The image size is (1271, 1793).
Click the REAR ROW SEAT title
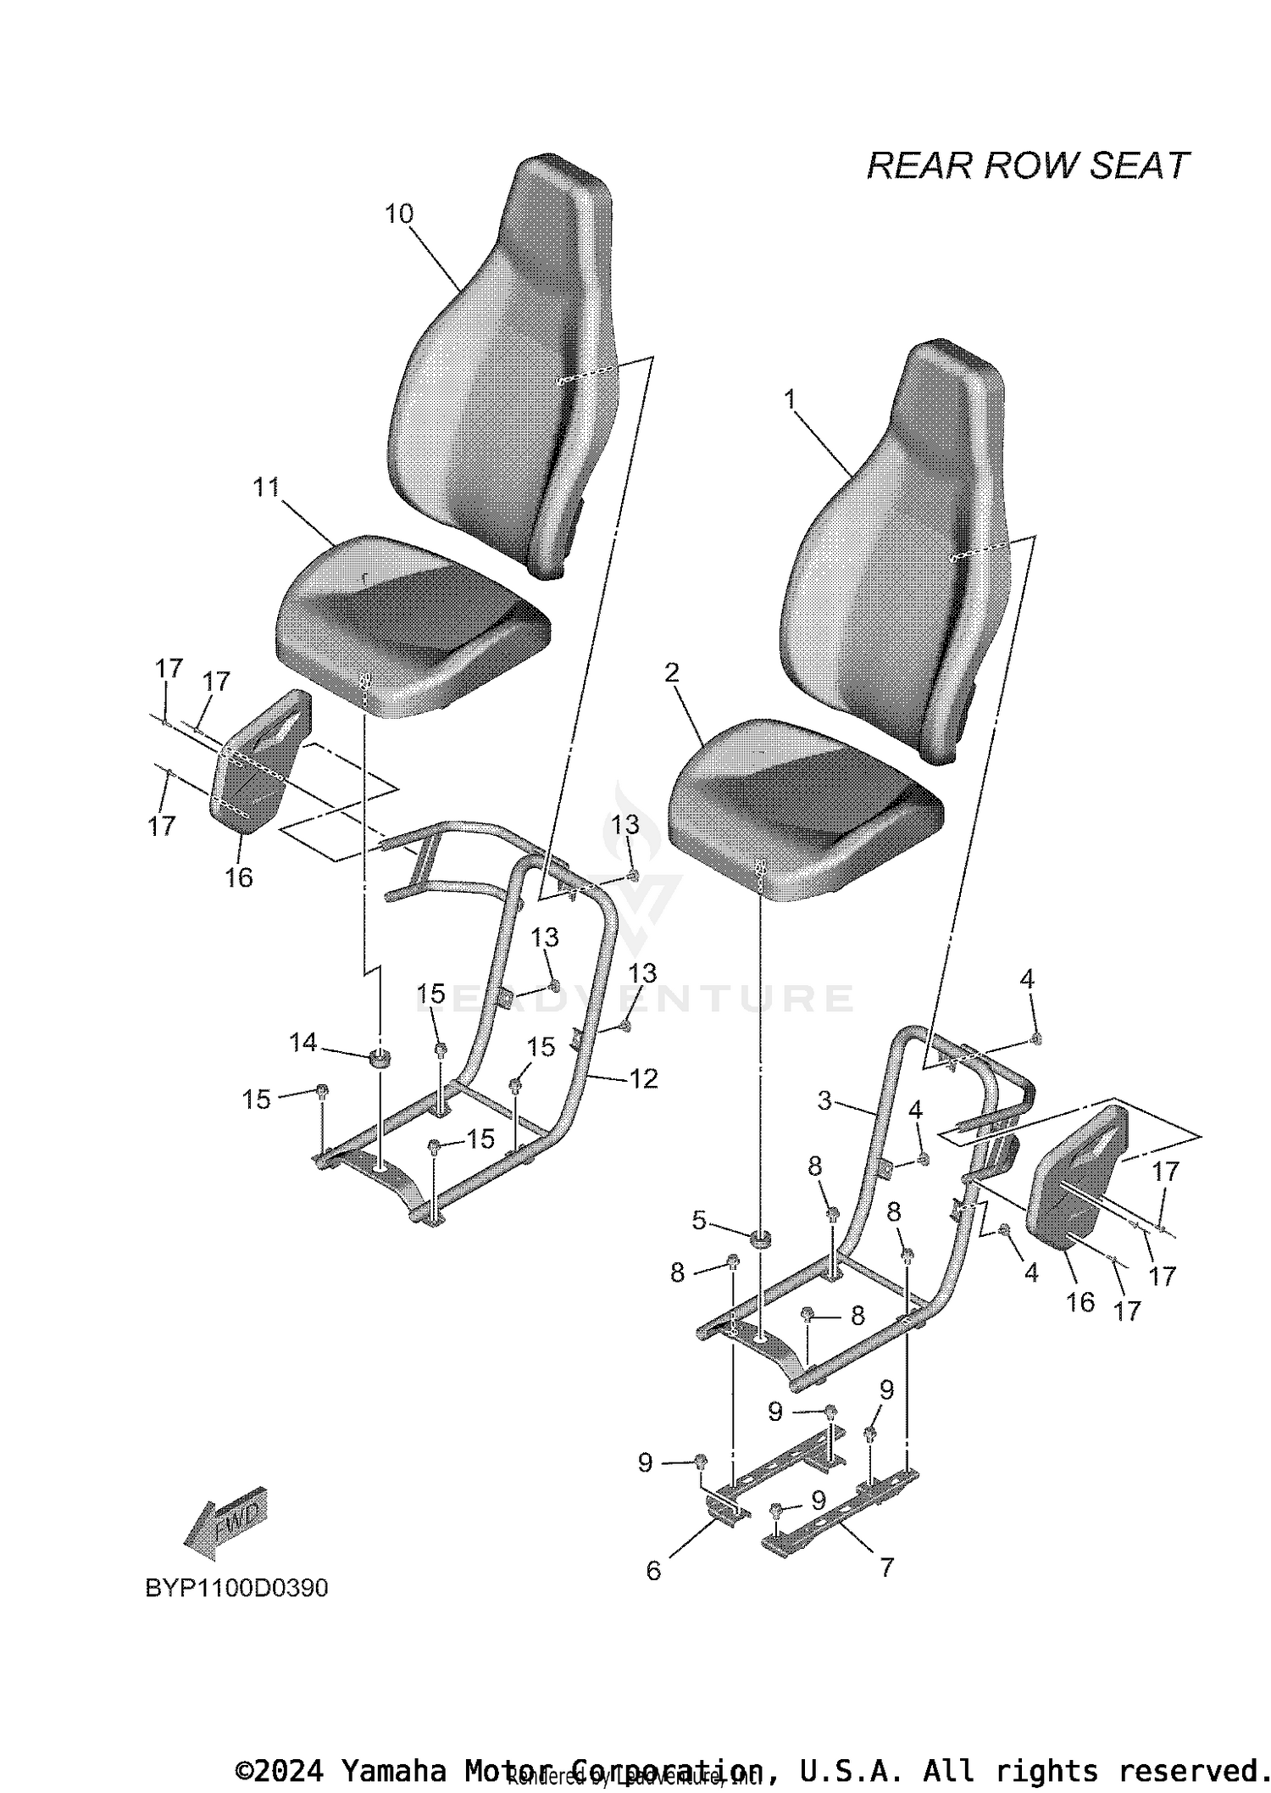coord(1027,166)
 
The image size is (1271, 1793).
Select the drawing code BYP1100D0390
coord(236,1587)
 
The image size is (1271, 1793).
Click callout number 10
coord(399,214)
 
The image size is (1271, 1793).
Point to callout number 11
coord(266,487)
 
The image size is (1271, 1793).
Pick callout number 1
coord(791,398)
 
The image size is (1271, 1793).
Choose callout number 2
coord(672,672)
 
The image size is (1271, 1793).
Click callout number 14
coord(303,1043)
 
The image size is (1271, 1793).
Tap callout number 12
coord(644,1078)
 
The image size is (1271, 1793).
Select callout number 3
coord(824,1100)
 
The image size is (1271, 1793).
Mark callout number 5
coord(699,1221)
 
